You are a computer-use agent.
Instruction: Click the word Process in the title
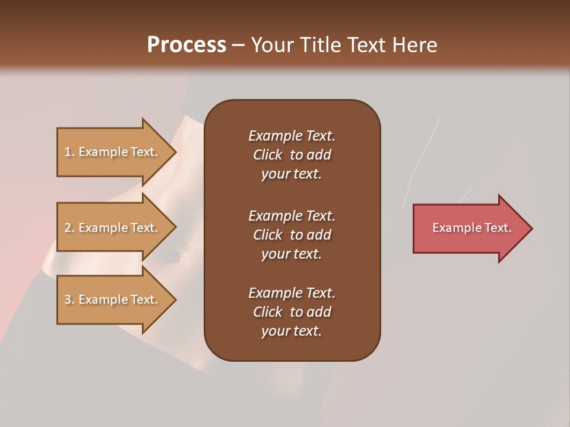pyautogui.click(x=186, y=45)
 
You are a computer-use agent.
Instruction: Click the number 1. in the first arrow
pyautogui.click(x=69, y=152)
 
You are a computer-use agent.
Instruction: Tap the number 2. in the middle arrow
pyautogui.click(x=69, y=228)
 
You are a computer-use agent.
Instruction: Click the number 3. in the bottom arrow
pyautogui.click(x=69, y=300)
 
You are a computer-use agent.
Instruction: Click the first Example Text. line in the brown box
pyautogui.click(x=292, y=136)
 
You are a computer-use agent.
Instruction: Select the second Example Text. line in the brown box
pyautogui.click(x=292, y=216)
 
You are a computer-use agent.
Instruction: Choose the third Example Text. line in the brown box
pyautogui.click(x=292, y=293)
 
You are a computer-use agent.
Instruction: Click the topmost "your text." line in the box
pyautogui.click(x=292, y=174)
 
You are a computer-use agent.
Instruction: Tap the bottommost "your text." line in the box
pyautogui.click(x=292, y=332)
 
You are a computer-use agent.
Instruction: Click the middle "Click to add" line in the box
pyautogui.click(x=292, y=235)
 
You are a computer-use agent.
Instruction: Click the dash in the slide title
pyautogui.click(x=238, y=46)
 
